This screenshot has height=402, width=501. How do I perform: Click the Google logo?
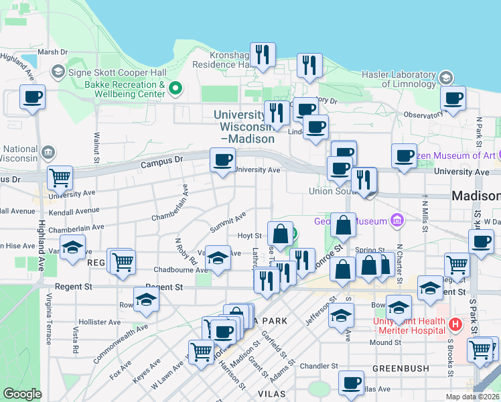pyautogui.click(x=23, y=394)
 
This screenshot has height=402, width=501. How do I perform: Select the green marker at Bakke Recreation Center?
pyautogui.click(x=176, y=88)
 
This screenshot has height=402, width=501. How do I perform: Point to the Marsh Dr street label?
pyautogui.click(x=53, y=52)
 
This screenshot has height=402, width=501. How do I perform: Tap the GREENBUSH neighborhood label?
pyautogui.click(x=396, y=368)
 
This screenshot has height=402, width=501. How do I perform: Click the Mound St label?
pyautogui.click(x=384, y=343)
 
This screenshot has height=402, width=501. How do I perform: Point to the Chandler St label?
pyautogui.click(x=319, y=366)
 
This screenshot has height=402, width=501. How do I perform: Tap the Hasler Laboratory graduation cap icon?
pyautogui.click(x=445, y=78)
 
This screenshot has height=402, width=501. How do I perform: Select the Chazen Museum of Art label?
pyautogui.click(x=457, y=156)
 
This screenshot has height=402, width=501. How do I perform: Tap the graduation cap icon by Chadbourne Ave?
pyautogui.click(x=218, y=259)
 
